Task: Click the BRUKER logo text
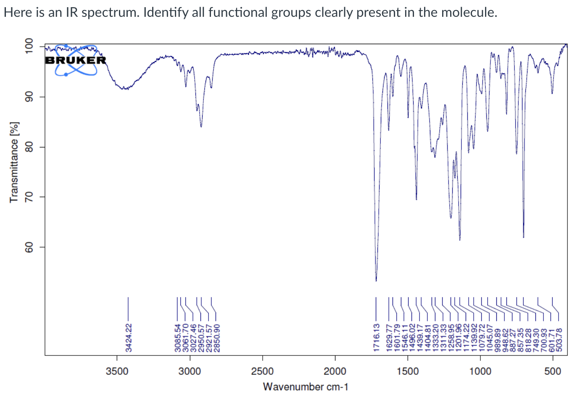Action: pos(76,60)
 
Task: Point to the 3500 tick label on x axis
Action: pos(117,371)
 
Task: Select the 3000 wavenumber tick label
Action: pos(190,371)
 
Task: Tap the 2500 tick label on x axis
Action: pos(263,371)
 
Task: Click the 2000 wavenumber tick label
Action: pos(335,371)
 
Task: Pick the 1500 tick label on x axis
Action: pos(408,371)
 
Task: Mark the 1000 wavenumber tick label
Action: pos(480,371)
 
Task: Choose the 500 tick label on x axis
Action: pos(553,371)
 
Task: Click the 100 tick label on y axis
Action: pos(29,47)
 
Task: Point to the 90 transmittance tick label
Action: pos(29,97)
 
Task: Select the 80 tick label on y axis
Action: pos(29,147)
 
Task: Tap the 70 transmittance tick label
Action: pos(29,197)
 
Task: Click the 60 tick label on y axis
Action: pos(29,247)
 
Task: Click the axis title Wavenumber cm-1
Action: pos(306,387)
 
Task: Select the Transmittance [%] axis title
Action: pos(14,162)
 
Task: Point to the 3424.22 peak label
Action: pos(129,337)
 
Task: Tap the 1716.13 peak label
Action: pos(377,337)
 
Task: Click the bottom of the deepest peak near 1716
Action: pos(376,281)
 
